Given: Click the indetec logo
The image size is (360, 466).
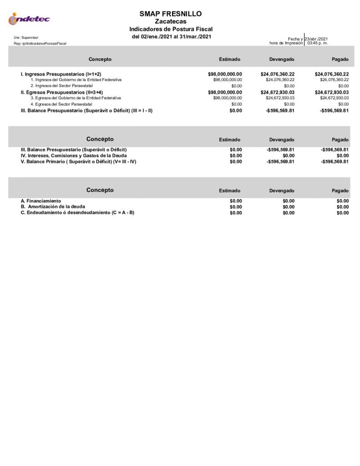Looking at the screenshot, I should (x=29, y=19).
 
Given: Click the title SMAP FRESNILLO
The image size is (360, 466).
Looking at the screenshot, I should (x=171, y=14).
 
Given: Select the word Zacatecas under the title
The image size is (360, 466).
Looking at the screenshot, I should (x=171, y=21).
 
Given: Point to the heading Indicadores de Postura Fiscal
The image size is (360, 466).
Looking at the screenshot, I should (x=171, y=29).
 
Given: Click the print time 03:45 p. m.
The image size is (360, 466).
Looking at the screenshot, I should (x=318, y=43).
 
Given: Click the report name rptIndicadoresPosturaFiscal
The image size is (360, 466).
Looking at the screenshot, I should (x=41, y=43).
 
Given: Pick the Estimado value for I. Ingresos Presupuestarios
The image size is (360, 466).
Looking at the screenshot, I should (x=225, y=74).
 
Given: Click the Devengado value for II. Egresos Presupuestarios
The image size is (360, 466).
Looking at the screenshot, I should (x=278, y=92).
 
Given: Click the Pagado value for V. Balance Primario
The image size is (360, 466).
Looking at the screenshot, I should (x=335, y=162).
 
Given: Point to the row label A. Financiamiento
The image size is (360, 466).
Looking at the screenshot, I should (x=41, y=201).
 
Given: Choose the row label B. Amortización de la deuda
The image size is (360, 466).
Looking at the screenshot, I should (x=53, y=207).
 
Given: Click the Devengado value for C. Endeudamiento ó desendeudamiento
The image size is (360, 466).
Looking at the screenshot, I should (x=289, y=213).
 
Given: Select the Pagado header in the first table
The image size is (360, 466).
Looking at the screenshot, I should (x=340, y=60).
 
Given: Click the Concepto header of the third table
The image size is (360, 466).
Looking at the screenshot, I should (x=100, y=190).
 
